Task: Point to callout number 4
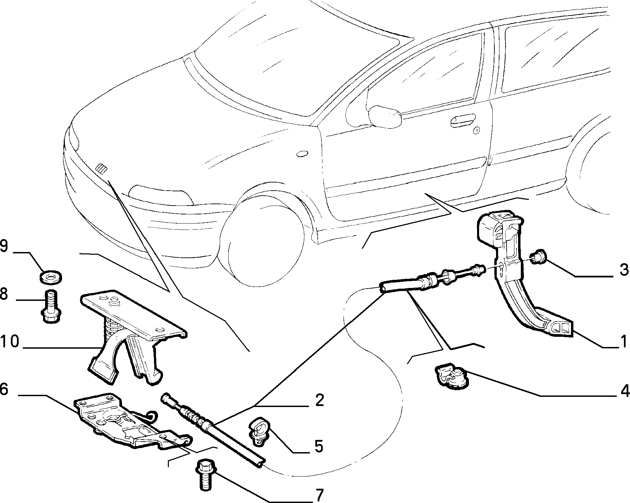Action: [623, 391]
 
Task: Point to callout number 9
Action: [4, 247]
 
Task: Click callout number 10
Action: [10, 342]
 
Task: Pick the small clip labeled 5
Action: [259, 431]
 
